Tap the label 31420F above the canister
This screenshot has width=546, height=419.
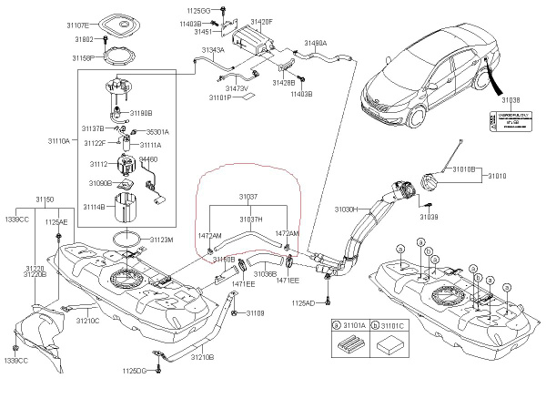(x=261, y=20)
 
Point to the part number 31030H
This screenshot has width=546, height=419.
(x=348, y=209)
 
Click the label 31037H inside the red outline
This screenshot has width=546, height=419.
(x=251, y=220)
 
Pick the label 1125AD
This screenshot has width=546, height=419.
(x=303, y=302)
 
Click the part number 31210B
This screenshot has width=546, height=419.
(x=202, y=357)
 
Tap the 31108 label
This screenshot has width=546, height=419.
(x=253, y=313)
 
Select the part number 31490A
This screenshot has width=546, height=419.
(x=316, y=43)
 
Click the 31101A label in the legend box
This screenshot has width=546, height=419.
(x=352, y=323)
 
